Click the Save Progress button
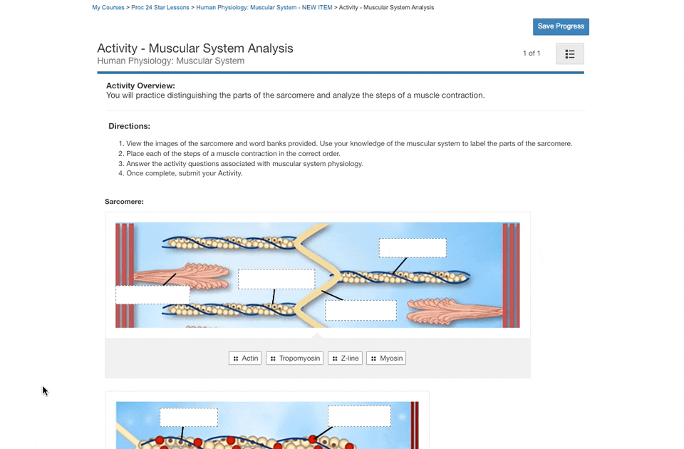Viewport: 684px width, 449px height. pos(561,26)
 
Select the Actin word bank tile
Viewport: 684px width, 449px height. pos(244,358)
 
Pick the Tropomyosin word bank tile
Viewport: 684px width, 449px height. pos(294,358)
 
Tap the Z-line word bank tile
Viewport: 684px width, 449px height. pos(345,358)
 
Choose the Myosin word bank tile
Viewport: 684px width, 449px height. pos(386,358)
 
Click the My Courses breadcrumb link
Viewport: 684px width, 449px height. pos(108,7)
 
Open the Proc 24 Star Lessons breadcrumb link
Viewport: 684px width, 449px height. pos(160,7)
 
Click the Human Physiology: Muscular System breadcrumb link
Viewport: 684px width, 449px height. pos(264,7)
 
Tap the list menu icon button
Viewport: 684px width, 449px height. pos(570,53)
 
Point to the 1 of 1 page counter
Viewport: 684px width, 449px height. pos(532,53)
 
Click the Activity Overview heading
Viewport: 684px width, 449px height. pos(140,86)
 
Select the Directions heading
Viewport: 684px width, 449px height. pos(129,126)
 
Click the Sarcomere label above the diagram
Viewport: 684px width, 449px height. pos(124,202)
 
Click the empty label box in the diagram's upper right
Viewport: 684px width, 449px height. pos(413,248)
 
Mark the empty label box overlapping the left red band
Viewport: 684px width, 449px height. pos(152,294)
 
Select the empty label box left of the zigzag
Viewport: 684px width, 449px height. pos(276,279)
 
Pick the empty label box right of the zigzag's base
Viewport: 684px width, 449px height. pos(361,310)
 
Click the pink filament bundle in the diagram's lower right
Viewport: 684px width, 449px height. pos(454,311)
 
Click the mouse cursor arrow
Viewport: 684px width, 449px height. pos(45,391)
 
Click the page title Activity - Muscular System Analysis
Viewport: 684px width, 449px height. pos(195,48)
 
